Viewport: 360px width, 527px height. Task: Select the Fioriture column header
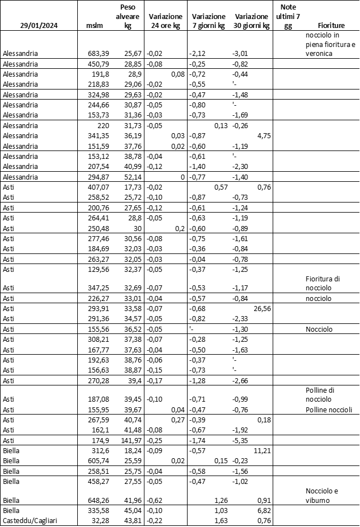[331, 26]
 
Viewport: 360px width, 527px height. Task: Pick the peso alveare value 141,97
[129, 440]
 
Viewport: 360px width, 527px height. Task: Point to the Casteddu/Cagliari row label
[29, 521]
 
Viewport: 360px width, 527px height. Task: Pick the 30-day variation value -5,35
[240, 440]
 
